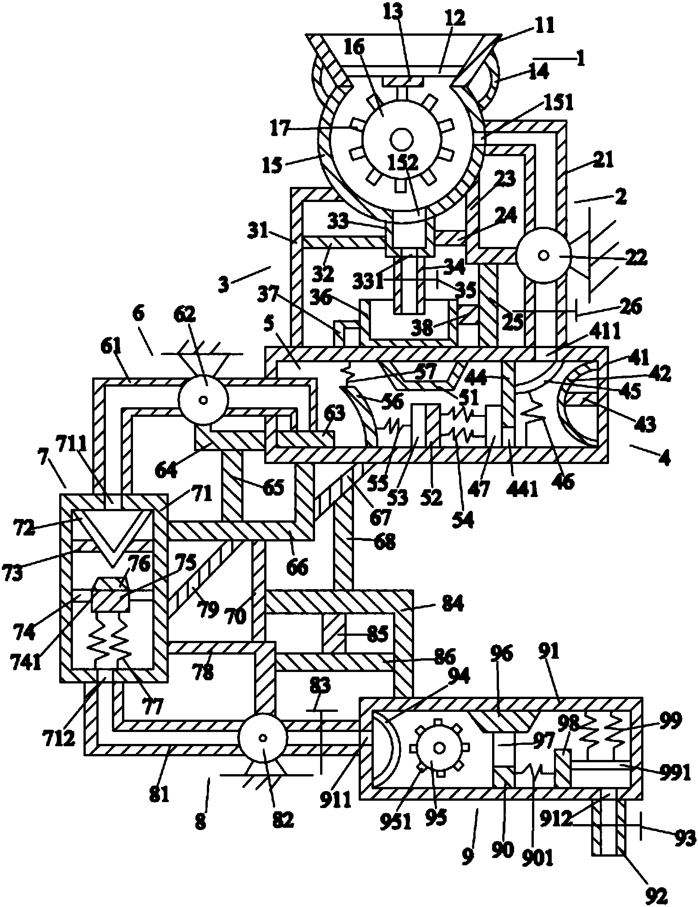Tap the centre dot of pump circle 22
[x=543, y=256]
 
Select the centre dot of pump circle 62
[x=203, y=399]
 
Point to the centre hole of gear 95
[x=439, y=748]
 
